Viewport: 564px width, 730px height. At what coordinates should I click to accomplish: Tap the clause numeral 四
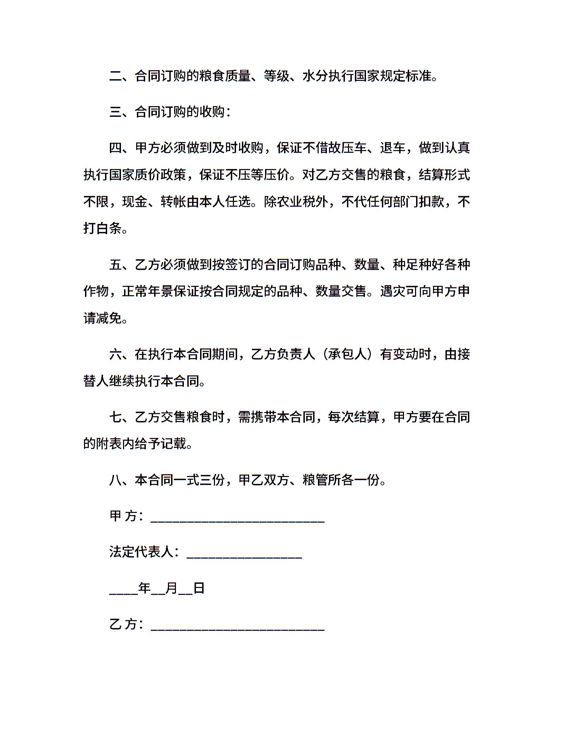pos(116,148)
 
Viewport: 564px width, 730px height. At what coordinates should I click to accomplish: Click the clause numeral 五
pos(116,265)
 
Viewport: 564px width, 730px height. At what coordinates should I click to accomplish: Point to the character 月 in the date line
pos(171,588)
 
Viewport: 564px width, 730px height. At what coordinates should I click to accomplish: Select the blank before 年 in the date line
pos(123,590)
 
